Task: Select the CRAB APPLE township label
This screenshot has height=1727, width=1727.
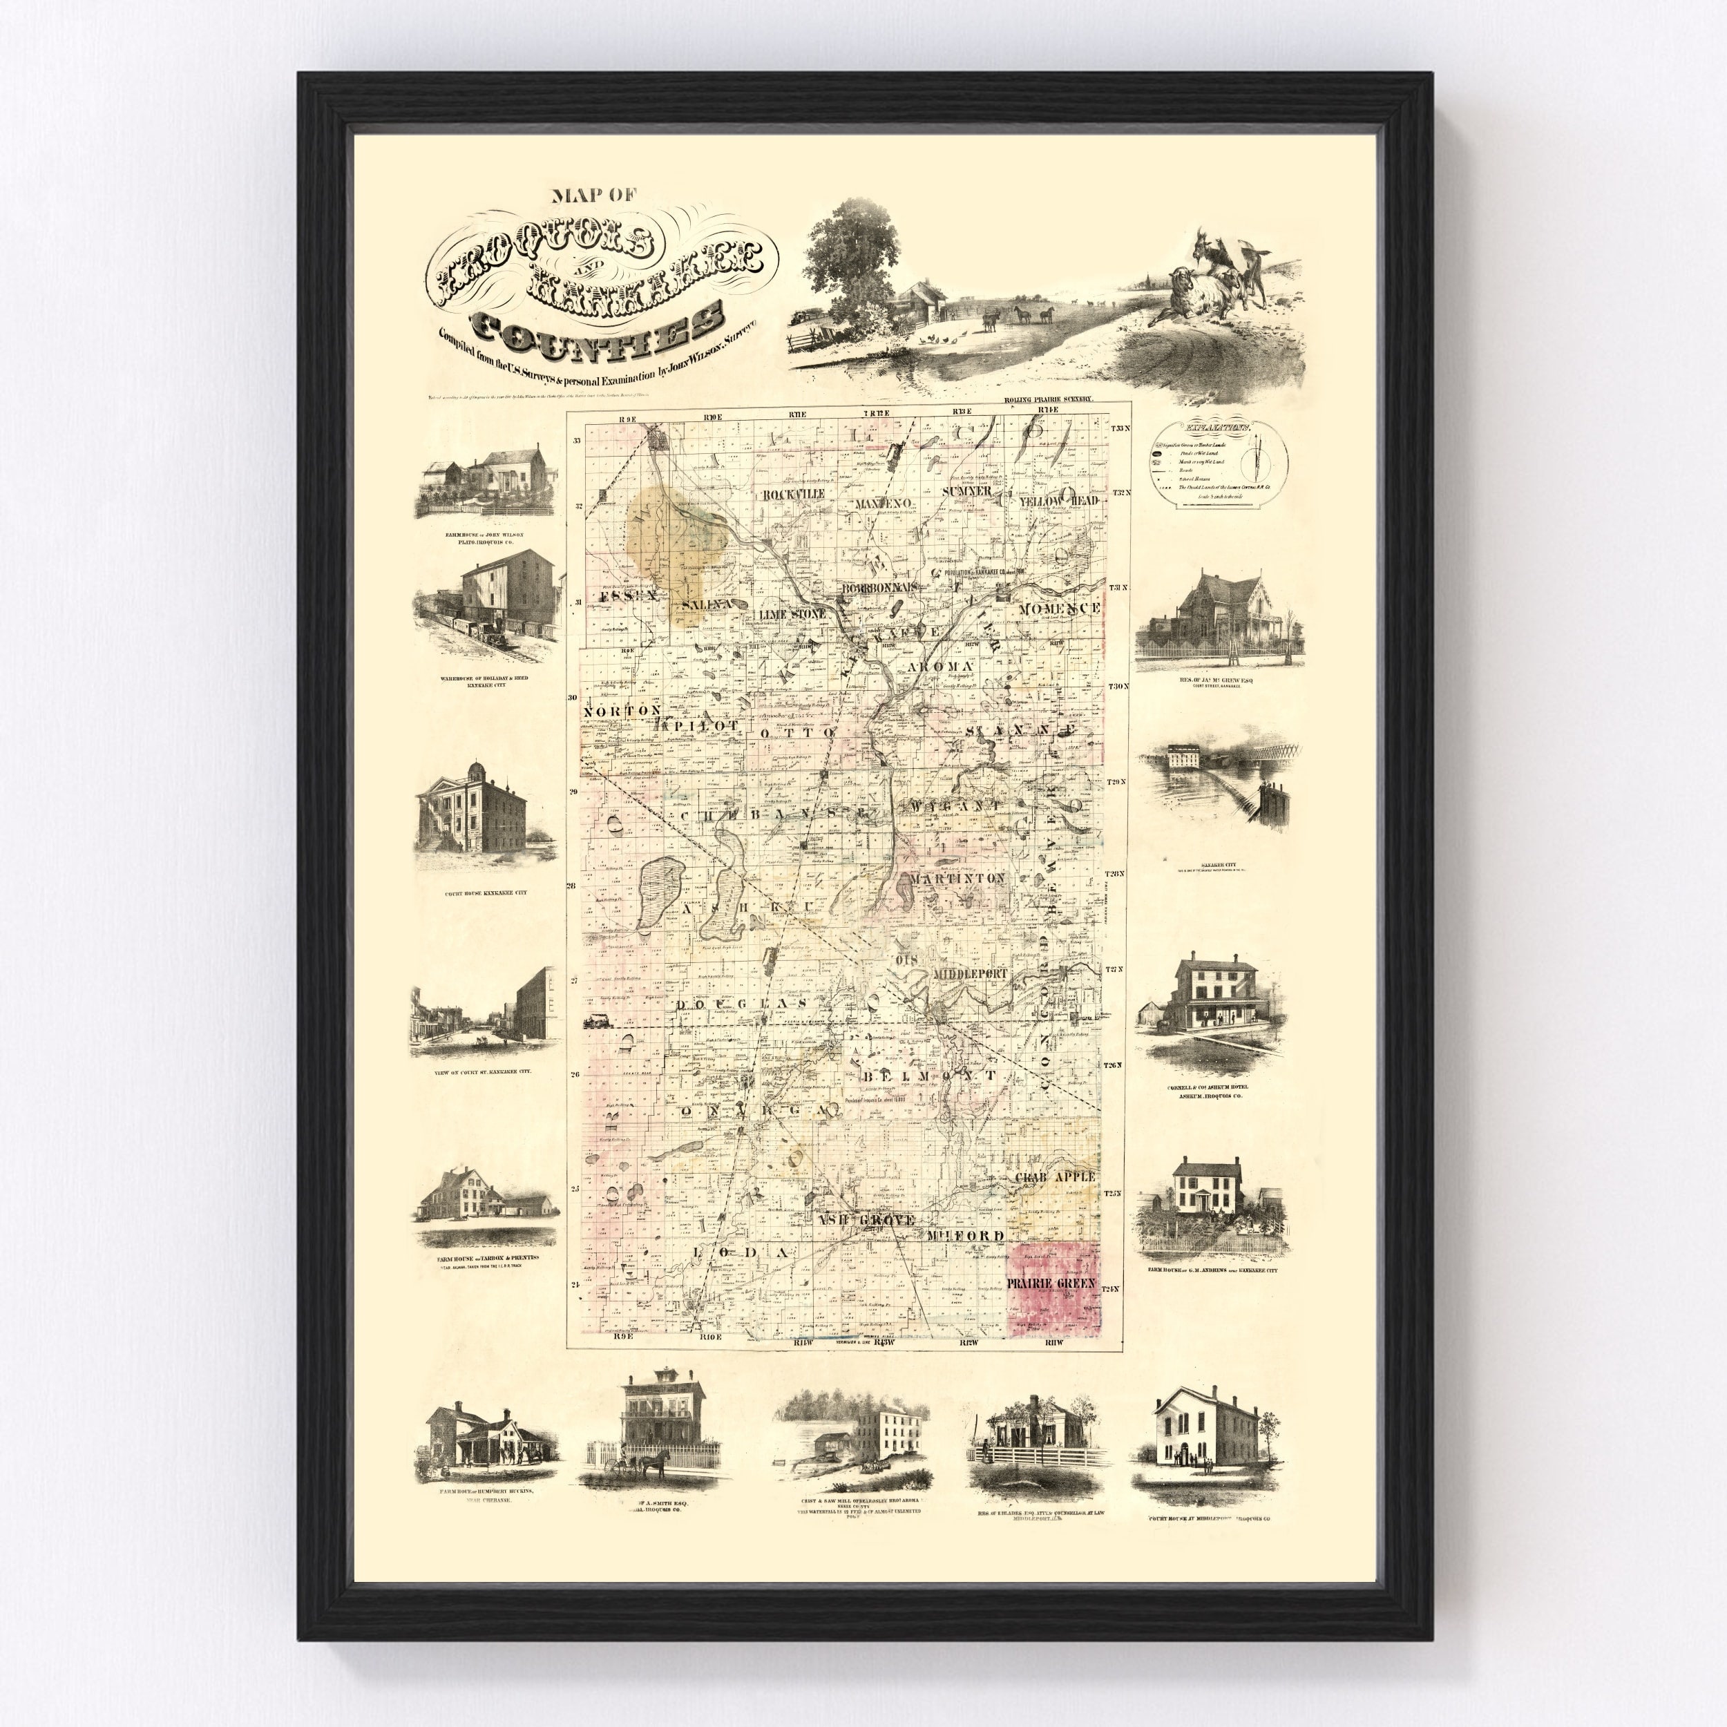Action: (x=1054, y=1177)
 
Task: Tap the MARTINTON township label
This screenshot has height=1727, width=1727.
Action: (x=957, y=879)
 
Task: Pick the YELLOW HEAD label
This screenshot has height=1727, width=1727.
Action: (x=1058, y=502)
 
